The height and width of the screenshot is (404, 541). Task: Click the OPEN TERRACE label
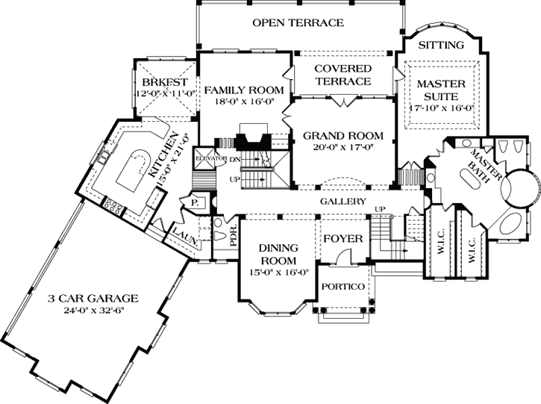click(298, 22)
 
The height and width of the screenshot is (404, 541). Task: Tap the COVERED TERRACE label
click(343, 75)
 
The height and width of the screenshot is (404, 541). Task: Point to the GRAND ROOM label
click(343, 136)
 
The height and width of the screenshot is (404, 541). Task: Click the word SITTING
click(440, 45)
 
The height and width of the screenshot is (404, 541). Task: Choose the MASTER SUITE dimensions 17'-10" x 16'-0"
click(441, 107)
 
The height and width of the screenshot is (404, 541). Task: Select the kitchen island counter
click(138, 169)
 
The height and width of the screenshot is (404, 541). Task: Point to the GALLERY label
click(343, 202)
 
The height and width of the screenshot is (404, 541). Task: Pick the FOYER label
click(343, 239)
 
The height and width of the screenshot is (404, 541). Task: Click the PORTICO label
click(343, 288)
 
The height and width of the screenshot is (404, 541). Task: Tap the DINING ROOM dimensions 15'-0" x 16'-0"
click(278, 272)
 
